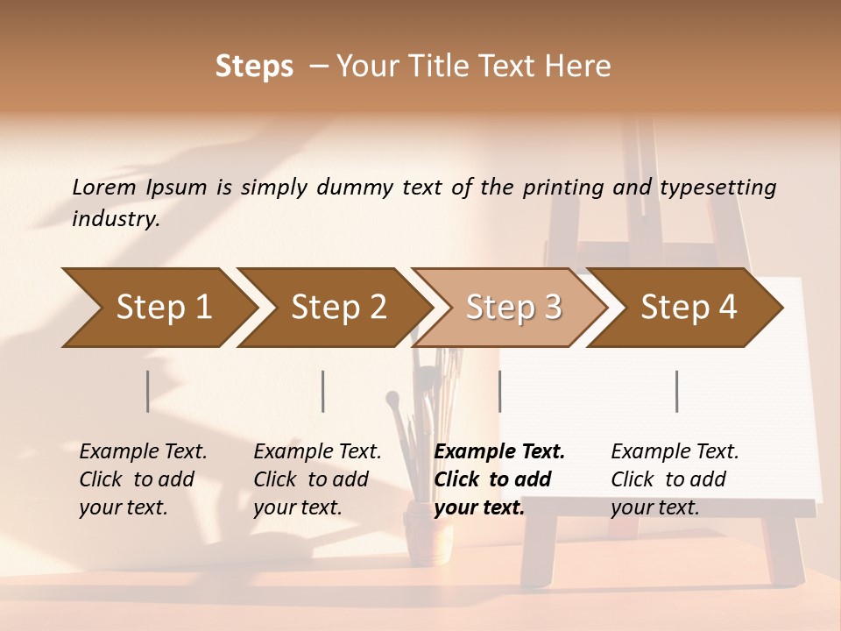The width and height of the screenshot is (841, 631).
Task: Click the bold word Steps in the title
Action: pos(254,67)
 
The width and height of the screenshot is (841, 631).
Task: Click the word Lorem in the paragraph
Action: pos(104,187)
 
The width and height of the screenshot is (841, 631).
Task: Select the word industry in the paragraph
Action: pos(116,219)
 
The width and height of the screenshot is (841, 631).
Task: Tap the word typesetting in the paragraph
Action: pos(717,188)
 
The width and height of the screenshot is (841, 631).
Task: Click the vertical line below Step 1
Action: pos(148,391)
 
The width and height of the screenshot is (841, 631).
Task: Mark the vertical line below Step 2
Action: pos(323,391)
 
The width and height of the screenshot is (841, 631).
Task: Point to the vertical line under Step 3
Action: pos(500,391)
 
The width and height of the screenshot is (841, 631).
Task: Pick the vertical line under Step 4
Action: pos(677,391)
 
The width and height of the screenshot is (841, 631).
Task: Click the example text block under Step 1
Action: pos(143,479)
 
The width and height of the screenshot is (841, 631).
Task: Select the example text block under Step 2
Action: pos(317,479)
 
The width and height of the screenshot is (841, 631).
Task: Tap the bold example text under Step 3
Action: pos(499,479)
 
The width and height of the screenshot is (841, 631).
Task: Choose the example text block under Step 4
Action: pos(675,479)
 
